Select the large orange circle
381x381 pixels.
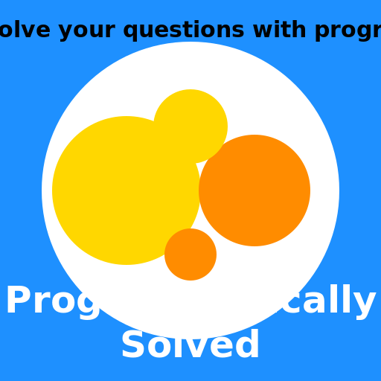pyautogui.click(x=254, y=190)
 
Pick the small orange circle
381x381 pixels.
pyautogui.click(x=190, y=254)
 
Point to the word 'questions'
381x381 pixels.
pyautogui.click(x=183, y=31)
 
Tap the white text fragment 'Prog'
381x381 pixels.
pyautogui.click(x=52, y=302)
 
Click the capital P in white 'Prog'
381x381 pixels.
pyautogui.click(x=19, y=301)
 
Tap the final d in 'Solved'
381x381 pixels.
pyautogui.click(x=248, y=345)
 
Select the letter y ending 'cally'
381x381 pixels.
pyautogui.click(x=365, y=305)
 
